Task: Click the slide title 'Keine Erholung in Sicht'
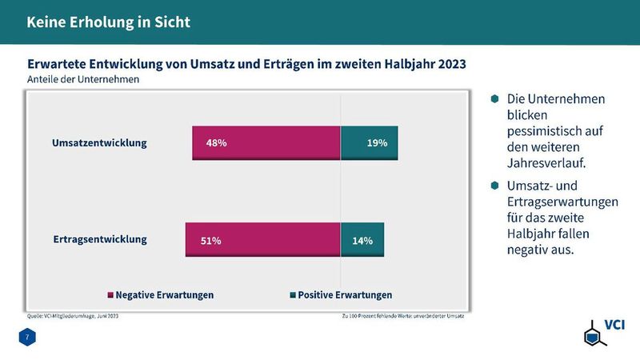(108, 22)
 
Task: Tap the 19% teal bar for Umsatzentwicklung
(369, 143)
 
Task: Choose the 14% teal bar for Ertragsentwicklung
(362, 240)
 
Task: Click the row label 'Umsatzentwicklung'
(99, 143)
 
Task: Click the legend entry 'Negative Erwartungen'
(164, 294)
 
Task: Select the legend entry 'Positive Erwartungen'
(345, 294)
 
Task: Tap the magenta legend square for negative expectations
(110, 295)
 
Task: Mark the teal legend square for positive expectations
(292, 295)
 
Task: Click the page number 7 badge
(27, 338)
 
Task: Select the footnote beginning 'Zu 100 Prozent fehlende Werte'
(402, 316)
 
